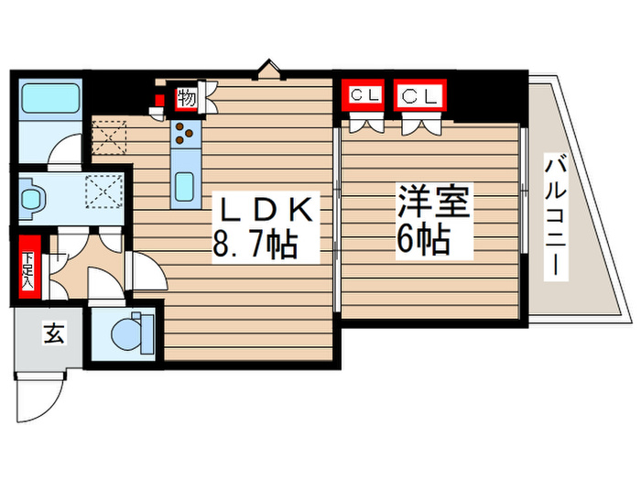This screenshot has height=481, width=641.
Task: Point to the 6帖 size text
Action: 422,239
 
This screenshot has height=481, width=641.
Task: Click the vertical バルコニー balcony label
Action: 555,218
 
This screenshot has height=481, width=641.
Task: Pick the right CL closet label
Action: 419,94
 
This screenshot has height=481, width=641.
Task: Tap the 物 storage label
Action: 187,97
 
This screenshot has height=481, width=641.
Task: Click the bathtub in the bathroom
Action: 50,96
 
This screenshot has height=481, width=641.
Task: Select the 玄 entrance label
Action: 51,335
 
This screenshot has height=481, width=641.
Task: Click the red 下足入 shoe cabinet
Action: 29,266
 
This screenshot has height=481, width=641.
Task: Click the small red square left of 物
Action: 158,100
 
